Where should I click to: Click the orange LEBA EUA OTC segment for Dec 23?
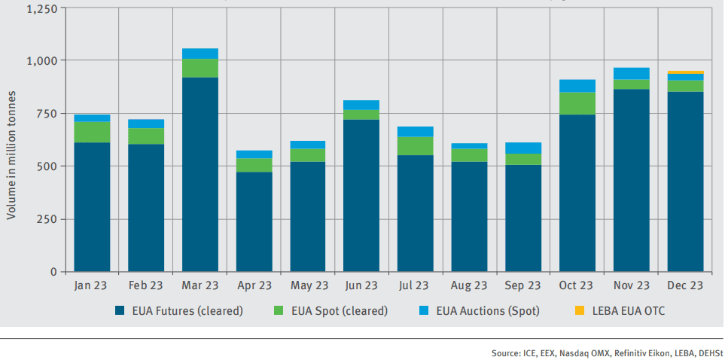pos(685,72)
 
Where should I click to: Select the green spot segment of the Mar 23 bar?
pos(200,68)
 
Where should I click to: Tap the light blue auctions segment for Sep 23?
pos(523,148)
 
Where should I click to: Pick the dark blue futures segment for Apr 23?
pos(254,221)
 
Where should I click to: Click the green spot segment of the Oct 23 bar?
pos(577,103)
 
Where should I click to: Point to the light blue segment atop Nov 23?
pos(631,74)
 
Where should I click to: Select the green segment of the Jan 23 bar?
pos(92,132)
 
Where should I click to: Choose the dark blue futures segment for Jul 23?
pos(416,213)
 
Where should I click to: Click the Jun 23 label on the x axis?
pos(361,285)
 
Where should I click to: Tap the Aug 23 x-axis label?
pos(469,285)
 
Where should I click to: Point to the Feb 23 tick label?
pos(146,285)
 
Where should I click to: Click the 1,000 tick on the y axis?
pos(42,60)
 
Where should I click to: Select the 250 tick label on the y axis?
pos(47,219)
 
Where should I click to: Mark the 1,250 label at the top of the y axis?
pos(42,8)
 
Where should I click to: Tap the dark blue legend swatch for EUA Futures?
pos(119,310)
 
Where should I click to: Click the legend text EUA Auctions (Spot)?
pos(488,311)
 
